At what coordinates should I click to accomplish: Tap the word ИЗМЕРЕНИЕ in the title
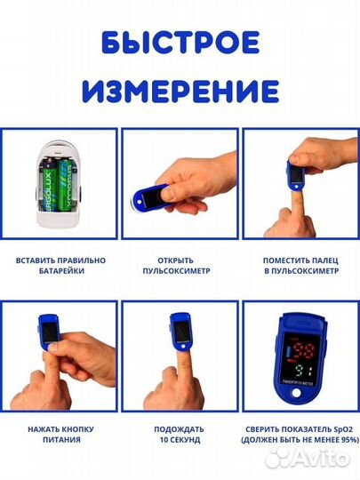coord(180,90)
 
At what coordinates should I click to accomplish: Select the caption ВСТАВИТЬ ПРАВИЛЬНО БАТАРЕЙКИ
coord(60,266)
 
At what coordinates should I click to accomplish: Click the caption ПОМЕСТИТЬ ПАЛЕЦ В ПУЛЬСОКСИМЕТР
coord(300,266)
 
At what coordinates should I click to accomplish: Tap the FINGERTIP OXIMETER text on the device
coord(300,394)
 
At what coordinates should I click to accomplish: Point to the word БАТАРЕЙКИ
coord(60,272)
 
